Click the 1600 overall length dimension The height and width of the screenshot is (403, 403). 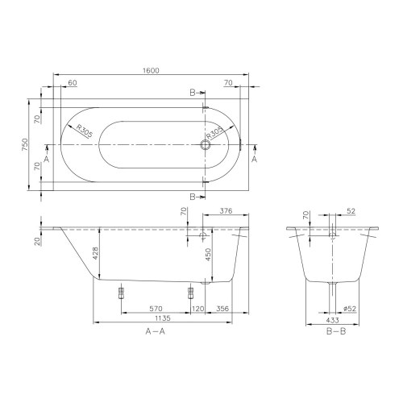click(151, 71)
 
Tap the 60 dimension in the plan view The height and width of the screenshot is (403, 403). click(73, 83)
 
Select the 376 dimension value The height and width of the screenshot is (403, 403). click(226, 212)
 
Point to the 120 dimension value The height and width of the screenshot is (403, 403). click(198, 308)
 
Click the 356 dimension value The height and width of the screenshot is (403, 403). click(224, 308)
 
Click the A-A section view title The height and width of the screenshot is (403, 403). click(155, 331)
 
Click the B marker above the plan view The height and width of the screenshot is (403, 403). click(193, 93)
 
